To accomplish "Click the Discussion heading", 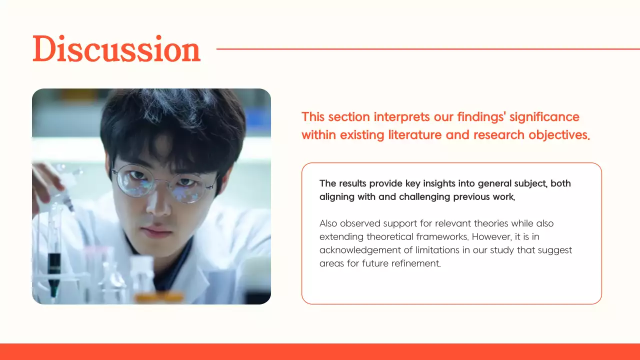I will (116, 49).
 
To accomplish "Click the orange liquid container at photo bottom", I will (158, 297).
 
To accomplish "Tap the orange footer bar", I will (320, 351).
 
